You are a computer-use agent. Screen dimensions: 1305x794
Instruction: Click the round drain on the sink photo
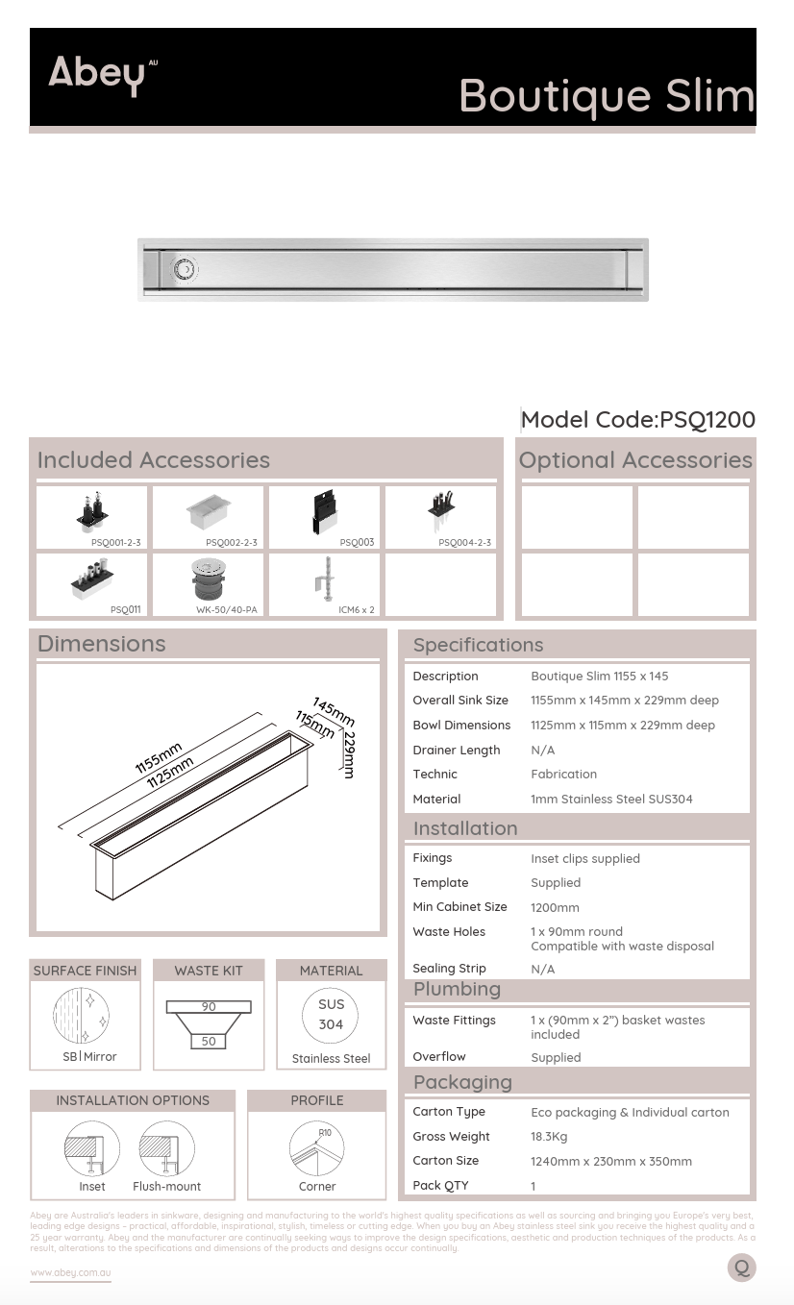[x=184, y=269]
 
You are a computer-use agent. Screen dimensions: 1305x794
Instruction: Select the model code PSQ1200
[x=638, y=420]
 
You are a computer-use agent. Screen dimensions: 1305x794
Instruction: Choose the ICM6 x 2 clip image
[x=325, y=579]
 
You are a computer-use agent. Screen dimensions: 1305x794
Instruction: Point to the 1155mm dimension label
[x=158, y=758]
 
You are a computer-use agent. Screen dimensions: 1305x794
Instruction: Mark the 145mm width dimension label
[x=334, y=712]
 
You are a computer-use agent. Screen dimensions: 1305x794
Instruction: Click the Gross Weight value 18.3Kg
[x=549, y=1137]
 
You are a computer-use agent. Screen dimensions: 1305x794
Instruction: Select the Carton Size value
[x=610, y=1161]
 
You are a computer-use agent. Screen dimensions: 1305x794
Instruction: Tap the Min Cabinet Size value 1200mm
[x=555, y=907]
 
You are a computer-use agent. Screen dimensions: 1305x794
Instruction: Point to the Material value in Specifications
[x=611, y=799]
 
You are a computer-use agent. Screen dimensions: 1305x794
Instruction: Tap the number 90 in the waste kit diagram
[x=209, y=1007]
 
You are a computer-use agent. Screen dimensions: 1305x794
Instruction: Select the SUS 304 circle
[x=331, y=1014]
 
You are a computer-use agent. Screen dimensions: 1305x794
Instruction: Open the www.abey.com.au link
[x=70, y=1272]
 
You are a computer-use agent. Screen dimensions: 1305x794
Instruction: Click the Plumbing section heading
[x=457, y=989]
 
